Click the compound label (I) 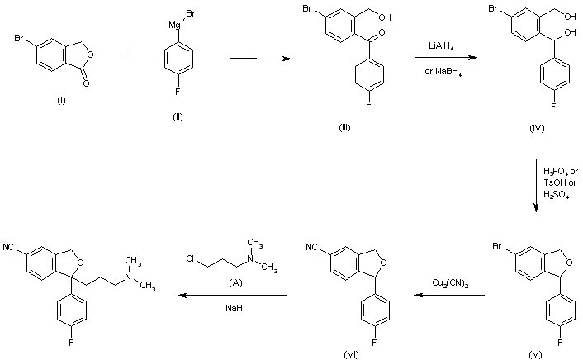point(61,101)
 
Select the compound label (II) point(178,116)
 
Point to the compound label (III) point(344,127)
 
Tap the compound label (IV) point(537,128)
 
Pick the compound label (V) point(535,354)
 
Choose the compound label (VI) point(351,354)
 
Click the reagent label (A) point(235,282)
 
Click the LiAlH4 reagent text point(441,46)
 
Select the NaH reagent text point(234,308)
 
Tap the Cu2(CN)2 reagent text point(450,283)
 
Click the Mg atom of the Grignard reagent point(174,26)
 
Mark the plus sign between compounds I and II point(126,54)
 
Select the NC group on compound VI point(311,248)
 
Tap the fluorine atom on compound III point(368,107)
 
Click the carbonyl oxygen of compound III point(382,32)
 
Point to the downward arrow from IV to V point(536,186)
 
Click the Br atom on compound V point(497,246)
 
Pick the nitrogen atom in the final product point(128,277)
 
